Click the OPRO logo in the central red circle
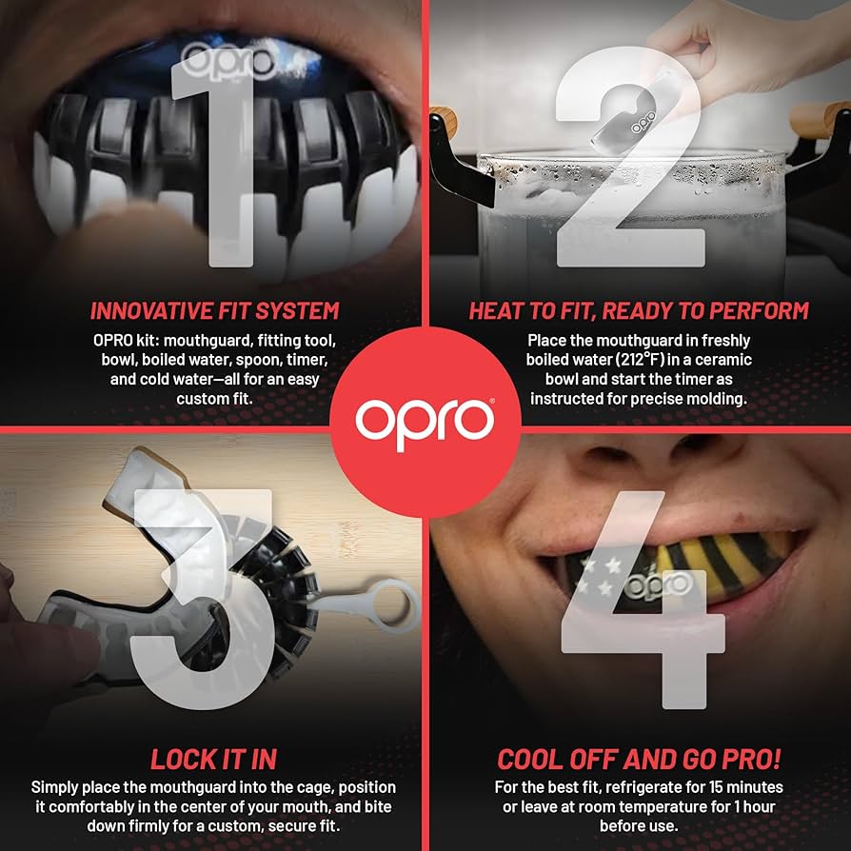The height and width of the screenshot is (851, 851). click(x=425, y=417)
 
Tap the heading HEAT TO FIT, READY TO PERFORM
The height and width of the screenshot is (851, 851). click(x=639, y=311)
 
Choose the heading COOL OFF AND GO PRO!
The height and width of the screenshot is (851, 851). click(x=639, y=759)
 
